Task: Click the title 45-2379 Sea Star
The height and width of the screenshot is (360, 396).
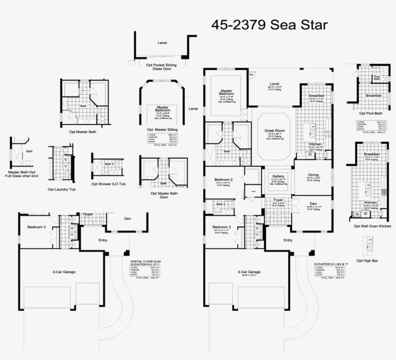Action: point(269,25)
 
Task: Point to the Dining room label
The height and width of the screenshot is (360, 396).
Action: point(313,175)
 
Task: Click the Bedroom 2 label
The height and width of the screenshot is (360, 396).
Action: point(224,180)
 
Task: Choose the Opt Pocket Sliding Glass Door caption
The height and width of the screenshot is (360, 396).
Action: point(161,67)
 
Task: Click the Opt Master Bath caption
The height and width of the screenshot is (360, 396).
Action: point(83,132)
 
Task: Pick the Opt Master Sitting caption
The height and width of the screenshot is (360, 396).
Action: point(163,129)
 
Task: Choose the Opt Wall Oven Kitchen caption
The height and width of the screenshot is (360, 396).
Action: point(371,225)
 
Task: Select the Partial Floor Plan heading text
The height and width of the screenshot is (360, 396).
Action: point(146,261)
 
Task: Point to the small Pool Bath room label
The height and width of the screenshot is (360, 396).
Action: point(377,77)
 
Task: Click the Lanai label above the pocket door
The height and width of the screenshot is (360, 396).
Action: point(163,42)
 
